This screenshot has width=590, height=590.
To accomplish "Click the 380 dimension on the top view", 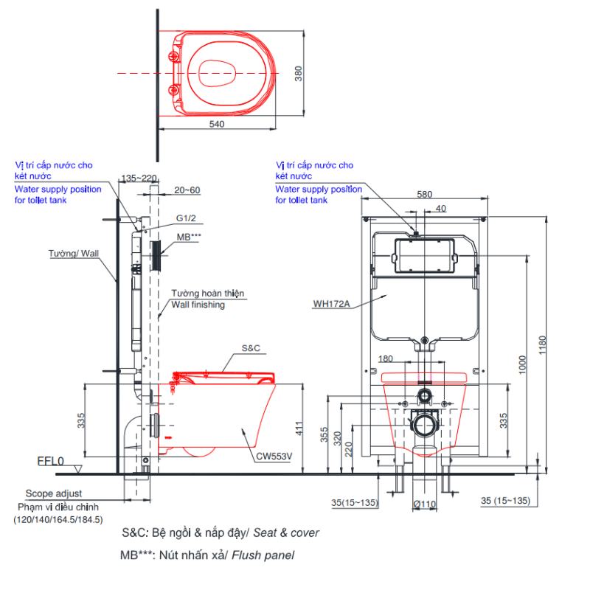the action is (299, 73).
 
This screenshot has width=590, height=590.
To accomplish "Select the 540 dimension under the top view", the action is (217, 124).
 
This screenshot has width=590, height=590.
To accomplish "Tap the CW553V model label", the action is (274, 456).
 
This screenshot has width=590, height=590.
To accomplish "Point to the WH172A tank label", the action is (331, 303).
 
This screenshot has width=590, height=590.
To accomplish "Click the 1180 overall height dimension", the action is (542, 344).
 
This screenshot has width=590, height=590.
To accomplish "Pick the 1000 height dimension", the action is (522, 364).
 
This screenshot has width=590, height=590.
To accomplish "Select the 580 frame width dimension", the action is (425, 194).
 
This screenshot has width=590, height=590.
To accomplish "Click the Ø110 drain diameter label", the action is (425, 504).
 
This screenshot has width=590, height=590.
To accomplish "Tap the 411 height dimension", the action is (299, 428).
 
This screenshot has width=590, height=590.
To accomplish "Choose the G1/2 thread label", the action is (186, 218).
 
